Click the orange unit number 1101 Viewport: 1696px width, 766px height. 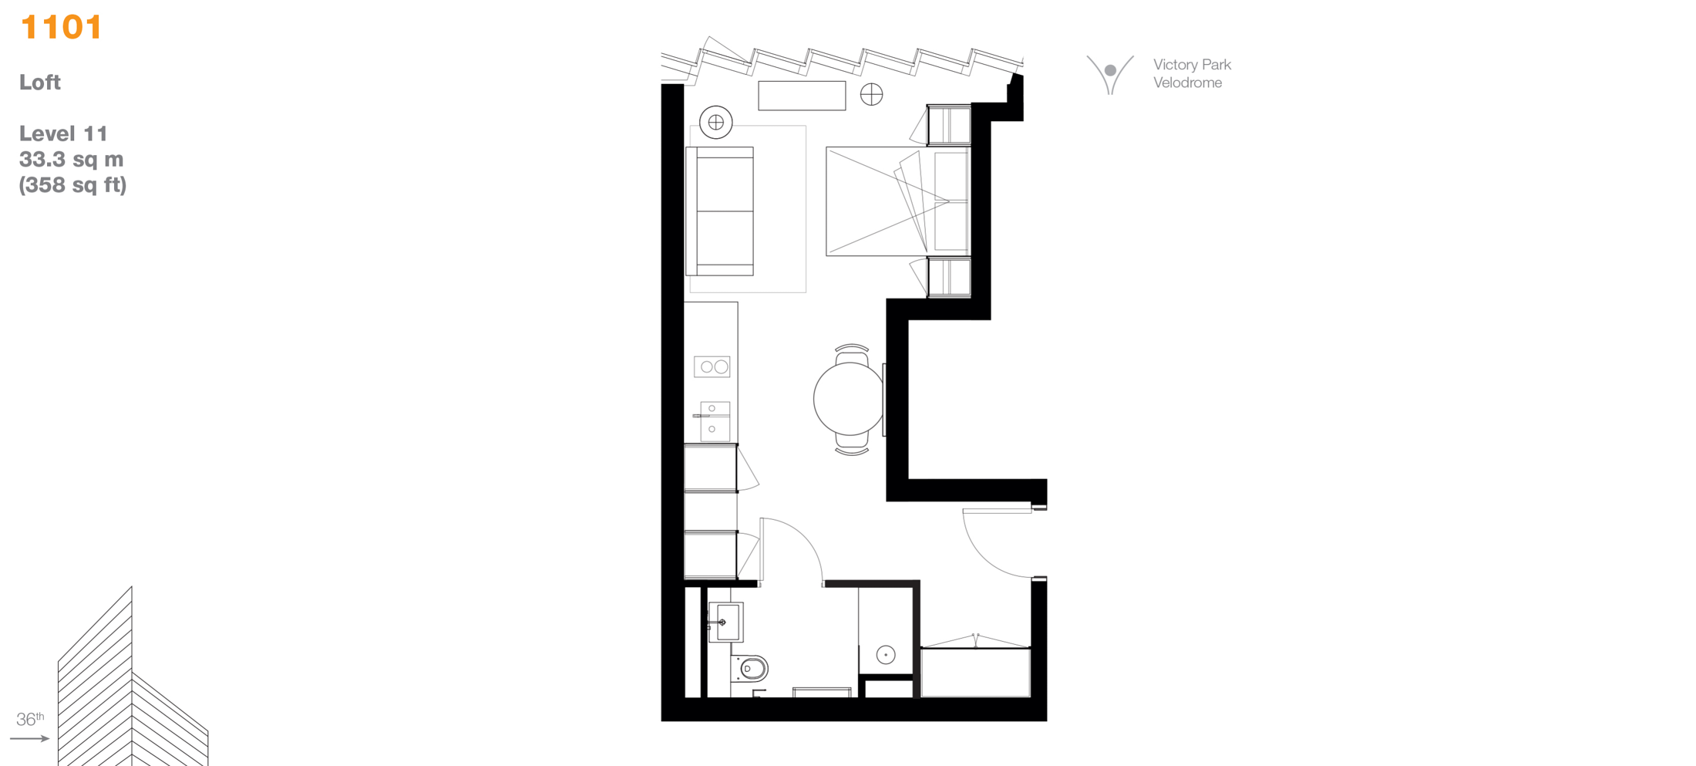coord(61,27)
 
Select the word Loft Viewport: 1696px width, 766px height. coord(40,83)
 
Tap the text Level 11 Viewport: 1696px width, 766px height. coord(63,133)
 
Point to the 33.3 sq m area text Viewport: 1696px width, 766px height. coord(72,159)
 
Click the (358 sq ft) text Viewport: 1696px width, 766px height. coord(72,185)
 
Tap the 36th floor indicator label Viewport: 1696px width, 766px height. coord(30,719)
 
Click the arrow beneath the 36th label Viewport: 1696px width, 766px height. coord(30,738)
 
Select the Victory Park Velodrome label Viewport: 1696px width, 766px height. coord(1192,73)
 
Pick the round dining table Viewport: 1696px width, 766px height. coord(849,399)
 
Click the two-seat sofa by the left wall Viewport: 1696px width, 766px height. coord(719,211)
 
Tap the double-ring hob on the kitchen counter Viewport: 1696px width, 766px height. coord(712,366)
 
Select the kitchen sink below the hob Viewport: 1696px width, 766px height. coord(715,421)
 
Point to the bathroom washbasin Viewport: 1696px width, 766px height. coord(725,622)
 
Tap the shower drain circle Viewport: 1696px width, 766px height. coord(886,655)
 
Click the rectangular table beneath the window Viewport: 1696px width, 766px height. coord(802,96)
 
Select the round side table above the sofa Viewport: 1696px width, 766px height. coord(716,122)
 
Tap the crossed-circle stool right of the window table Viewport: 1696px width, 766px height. coord(872,94)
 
